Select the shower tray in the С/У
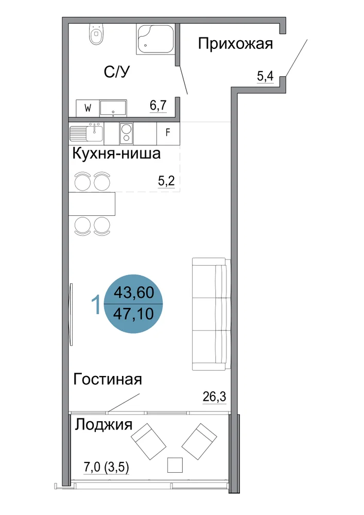(x=155, y=39)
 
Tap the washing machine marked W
(x=88, y=108)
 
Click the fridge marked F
(x=168, y=133)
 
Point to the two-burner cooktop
(x=126, y=133)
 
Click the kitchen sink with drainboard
(x=86, y=133)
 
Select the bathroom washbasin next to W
(x=113, y=108)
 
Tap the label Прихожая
(x=235, y=44)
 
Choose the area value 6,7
(x=158, y=106)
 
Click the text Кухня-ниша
(x=116, y=153)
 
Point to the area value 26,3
(x=214, y=397)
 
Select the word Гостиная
(x=108, y=380)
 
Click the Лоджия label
(x=103, y=425)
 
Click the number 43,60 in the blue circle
(x=133, y=292)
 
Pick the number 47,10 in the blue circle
(x=133, y=314)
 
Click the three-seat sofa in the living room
(x=210, y=315)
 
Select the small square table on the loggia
(x=175, y=465)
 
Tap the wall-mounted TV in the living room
(x=71, y=314)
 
